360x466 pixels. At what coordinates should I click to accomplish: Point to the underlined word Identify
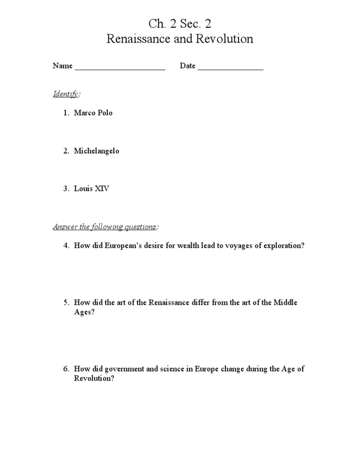click(x=66, y=94)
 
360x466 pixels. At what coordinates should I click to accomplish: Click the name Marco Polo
click(x=93, y=113)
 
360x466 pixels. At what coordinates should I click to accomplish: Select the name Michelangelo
click(x=97, y=151)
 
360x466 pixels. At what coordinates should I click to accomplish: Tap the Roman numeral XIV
click(x=102, y=189)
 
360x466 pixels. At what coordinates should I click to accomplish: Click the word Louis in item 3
click(x=83, y=189)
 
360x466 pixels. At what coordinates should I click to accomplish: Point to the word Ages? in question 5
click(x=84, y=312)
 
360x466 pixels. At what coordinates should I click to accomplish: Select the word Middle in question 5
click(x=286, y=302)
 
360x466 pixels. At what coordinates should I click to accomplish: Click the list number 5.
click(x=67, y=302)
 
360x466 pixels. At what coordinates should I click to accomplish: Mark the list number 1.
click(x=67, y=113)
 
